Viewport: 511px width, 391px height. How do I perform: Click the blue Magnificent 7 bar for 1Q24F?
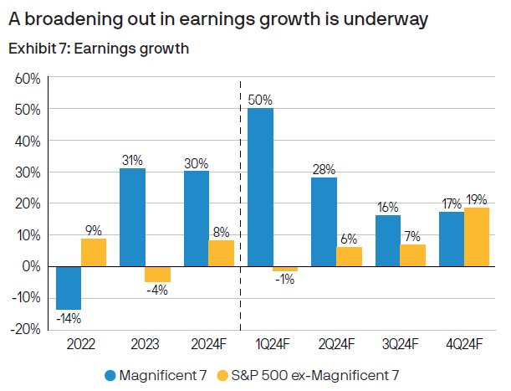click(261, 187)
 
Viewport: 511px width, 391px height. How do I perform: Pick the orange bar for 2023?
click(157, 274)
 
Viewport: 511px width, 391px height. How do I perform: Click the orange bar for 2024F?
click(222, 253)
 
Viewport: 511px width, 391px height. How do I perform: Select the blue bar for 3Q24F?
click(387, 240)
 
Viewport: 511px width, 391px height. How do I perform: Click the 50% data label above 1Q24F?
click(261, 100)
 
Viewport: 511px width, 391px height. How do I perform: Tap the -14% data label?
click(69, 318)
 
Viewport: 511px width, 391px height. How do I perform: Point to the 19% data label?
click(477, 199)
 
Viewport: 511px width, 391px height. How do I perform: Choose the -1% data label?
click(285, 280)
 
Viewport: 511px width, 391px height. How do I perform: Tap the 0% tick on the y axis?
click(31, 266)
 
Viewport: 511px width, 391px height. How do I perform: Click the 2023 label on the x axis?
click(145, 344)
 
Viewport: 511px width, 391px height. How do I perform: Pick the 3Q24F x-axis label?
click(400, 344)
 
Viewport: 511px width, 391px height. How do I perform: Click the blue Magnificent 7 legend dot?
click(110, 374)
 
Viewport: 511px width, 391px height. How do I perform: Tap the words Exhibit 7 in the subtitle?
click(35, 49)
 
